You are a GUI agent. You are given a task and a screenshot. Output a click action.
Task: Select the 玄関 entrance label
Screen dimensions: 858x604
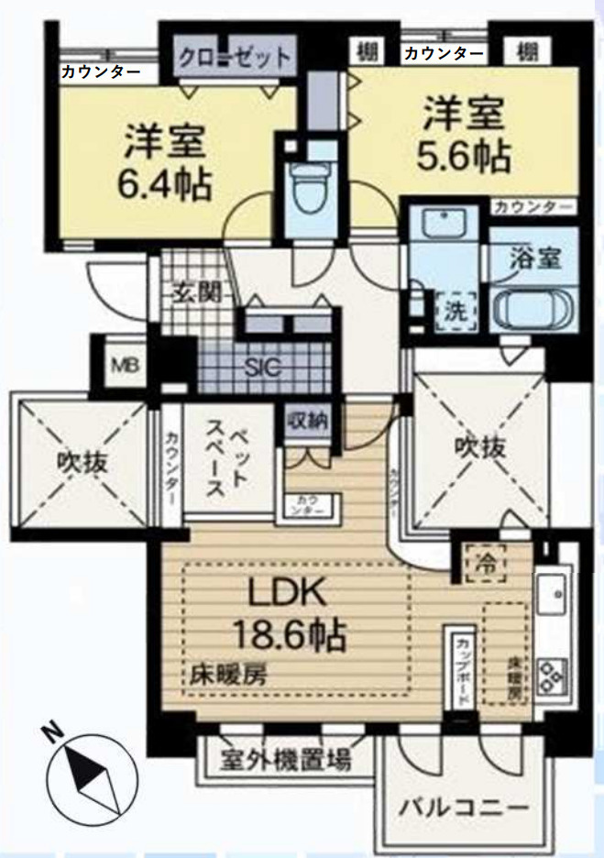[x=196, y=294]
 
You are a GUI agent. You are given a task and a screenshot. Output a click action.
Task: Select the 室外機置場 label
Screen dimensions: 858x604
[x=287, y=759]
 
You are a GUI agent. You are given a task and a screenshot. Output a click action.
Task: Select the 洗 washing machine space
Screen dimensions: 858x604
[x=456, y=309]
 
